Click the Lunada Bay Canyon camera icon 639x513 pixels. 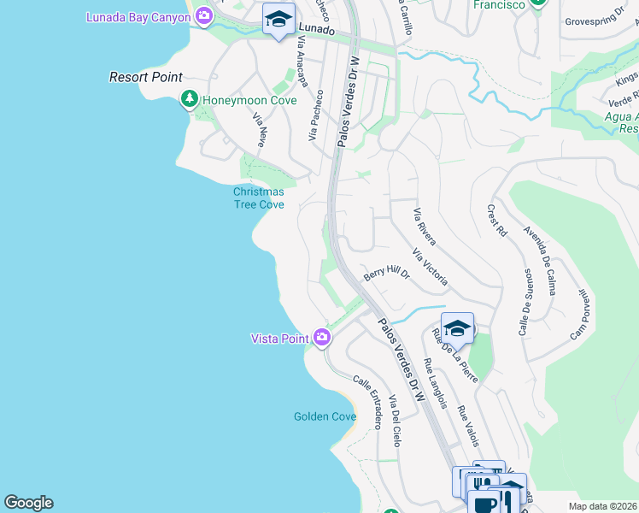pyautogui.click(x=204, y=15)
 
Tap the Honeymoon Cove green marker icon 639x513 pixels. pyautogui.click(x=190, y=100)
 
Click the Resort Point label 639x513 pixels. pyautogui.click(x=146, y=77)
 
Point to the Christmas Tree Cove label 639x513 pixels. pyautogui.click(x=259, y=198)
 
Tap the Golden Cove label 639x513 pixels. pyautogui.click(x=325, y=416)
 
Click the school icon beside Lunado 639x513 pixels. pyautogui.click(x=278, y=21)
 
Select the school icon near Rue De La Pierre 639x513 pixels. pyautogui.click(x=457, y=328)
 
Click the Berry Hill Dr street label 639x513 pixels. pyautogui.click(x=388, y=274)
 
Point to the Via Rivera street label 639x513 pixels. pyautogui.click(x=424, y=227)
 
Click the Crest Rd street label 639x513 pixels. pyautogui.click(x=497, y=220)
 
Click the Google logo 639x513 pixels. pyautogui.click(x=28, y=503)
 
